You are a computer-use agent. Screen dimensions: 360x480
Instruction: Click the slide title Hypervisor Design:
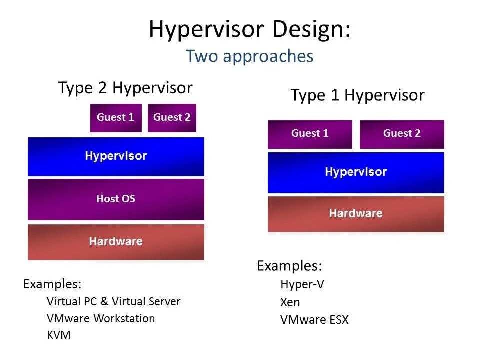coord(249,29)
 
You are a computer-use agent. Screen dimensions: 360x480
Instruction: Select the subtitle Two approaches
coord(249,56)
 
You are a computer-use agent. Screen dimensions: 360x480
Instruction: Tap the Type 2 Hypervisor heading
coord(125,88)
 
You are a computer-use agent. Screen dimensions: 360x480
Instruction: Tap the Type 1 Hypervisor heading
coord(357,95)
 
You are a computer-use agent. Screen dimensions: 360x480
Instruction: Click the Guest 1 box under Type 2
coord(116,118)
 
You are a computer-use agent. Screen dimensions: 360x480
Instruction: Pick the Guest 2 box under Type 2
coord(172,118)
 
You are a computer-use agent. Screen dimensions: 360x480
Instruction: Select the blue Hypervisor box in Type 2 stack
coord(116,156)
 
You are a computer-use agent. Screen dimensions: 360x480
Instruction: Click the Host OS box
coord(116,199)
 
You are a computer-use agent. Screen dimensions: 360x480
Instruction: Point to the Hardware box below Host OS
coord(116,242)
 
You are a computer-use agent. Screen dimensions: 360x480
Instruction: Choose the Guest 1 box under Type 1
coord(310,134)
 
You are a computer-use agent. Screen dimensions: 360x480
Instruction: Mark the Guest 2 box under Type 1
coord(402,134)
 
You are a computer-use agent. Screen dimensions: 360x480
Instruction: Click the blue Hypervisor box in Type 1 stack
coord(356,172)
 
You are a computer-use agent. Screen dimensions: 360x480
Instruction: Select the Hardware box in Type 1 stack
coord(356,214)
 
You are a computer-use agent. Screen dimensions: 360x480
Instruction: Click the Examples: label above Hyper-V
coord(289,266)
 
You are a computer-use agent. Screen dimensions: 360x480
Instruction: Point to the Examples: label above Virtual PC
coord(52,284)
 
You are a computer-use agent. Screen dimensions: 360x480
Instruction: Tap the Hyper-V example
coord(302,285)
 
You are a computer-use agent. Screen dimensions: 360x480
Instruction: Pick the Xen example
coord(290,302)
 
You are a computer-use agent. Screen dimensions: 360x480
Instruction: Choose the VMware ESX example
coord(314,320)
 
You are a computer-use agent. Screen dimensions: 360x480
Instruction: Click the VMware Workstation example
coord(101,318)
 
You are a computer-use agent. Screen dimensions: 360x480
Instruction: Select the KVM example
coord(59,335)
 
